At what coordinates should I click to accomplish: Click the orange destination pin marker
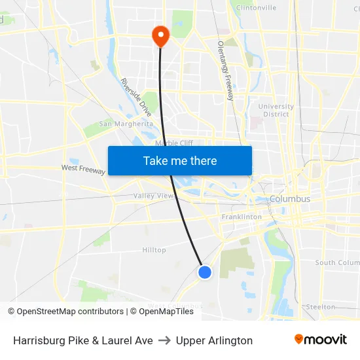[160, 35]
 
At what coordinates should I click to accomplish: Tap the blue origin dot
[205, 272]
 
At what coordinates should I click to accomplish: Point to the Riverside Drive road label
[135, 98]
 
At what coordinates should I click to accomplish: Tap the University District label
[276, 110]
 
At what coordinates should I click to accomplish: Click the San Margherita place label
[126, 124]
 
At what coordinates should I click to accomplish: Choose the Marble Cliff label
[173, 143]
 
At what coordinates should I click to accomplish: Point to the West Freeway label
[83, 168]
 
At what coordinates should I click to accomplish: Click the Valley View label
[154, 196]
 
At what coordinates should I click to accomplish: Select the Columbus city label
[290, 199]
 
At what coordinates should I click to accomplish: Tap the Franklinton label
[242, 217]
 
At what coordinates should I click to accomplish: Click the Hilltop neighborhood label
[154, 250]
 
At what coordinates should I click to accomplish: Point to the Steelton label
[321, 306]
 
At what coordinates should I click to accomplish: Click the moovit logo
[320, 340]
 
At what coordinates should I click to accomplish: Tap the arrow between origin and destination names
[164, 340]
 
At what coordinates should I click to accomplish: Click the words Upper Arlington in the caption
[214, 340]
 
